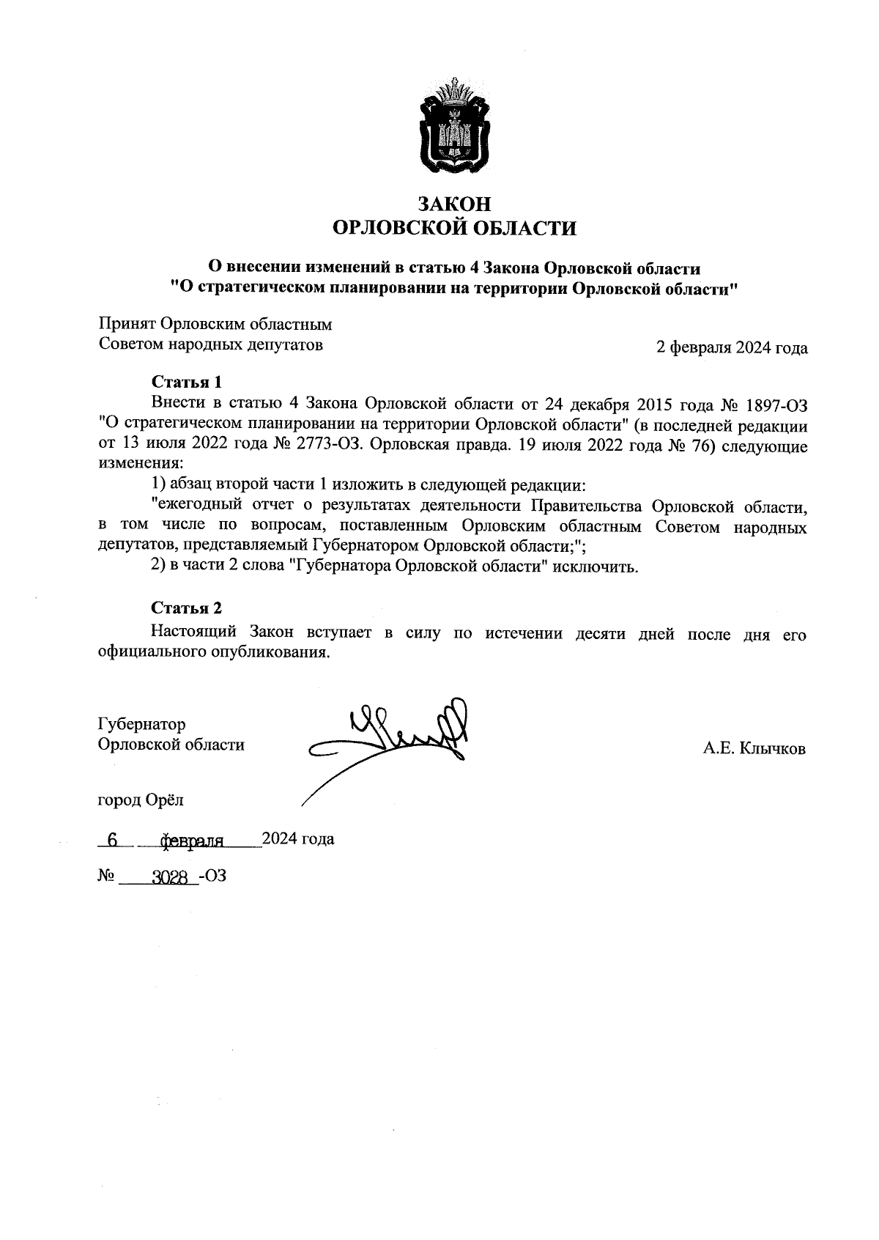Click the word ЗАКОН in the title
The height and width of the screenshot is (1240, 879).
tap(454, 204)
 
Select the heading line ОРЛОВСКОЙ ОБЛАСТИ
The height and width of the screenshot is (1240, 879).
tap(454, 229)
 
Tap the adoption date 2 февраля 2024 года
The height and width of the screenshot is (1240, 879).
tap(732, 347)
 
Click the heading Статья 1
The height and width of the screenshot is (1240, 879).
tap(186, 382)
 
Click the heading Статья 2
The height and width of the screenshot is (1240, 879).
tap(186, 608)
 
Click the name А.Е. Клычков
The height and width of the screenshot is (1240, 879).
tap(754, 748)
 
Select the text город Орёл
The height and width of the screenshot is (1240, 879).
tap(141, 800)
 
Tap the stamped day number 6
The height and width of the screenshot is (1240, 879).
tap(112, 841)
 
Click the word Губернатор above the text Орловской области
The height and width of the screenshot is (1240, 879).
tap(142, 724)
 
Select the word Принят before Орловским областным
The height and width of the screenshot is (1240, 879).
tap(125, 325)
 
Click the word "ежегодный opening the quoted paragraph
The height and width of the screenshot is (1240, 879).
tap(190, 506)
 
